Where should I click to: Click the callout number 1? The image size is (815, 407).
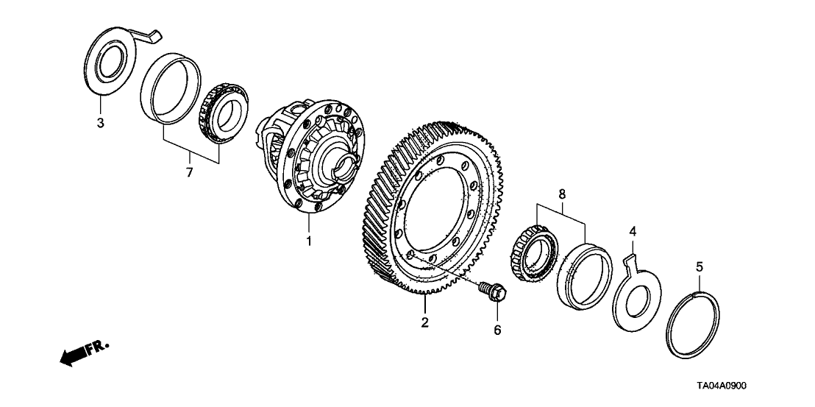(308, 241)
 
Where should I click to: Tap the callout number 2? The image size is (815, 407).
(424, 323)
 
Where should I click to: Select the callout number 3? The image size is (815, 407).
(100, 123)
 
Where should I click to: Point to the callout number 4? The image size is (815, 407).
(633, 230)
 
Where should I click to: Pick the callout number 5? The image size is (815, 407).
(699, 266)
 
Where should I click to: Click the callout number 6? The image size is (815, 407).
(497, 330)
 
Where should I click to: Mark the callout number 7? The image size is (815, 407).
(189, 172)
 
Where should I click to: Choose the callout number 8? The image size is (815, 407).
(562, 194)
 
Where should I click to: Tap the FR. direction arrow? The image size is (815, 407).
(84, 353)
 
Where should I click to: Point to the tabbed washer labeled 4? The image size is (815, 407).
(636, 292)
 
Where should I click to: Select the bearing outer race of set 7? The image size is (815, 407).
(171, 88)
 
